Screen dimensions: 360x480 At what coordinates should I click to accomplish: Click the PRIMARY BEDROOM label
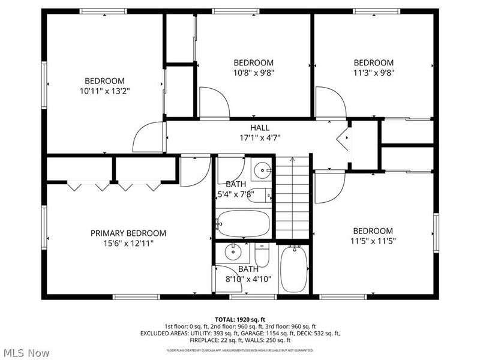(x=128, y=233)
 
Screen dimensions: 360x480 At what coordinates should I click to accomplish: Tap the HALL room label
(x=260, y=128)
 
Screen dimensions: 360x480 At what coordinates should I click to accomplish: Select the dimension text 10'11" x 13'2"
(x=104, y=91)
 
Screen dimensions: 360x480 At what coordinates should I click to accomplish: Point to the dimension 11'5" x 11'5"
(x=373, y=241)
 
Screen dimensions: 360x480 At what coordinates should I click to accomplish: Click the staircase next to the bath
(x=293, y=198)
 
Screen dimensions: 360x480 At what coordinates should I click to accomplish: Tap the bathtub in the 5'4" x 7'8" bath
(x=243, y=223)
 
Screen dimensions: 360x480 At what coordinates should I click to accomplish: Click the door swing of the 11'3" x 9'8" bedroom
(x=330, y=103)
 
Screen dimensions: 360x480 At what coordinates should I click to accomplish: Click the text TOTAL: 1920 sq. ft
(x=239, y=319)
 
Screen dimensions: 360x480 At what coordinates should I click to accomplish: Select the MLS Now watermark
(x=26, y=353)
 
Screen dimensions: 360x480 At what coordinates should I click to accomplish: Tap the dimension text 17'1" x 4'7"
(x=260, y=137)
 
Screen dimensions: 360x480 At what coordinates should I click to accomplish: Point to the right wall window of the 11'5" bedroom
(x=436, y=232)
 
